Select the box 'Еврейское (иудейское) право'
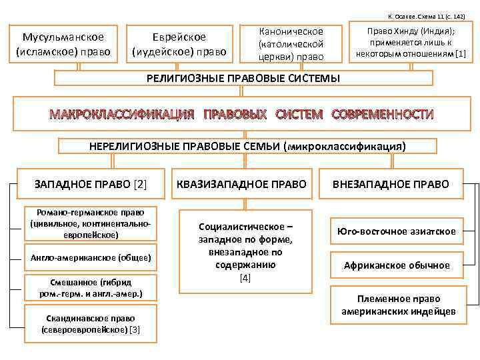[179, 44]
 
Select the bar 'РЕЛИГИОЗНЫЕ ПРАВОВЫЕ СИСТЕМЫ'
[243, 79]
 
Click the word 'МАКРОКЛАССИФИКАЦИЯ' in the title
[122, 114]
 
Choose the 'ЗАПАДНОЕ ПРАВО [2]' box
[91, 183]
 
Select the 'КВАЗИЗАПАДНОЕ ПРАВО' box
[245, 183]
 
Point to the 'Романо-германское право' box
[91, 223]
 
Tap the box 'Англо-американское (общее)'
[91, 257]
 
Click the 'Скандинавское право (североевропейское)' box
[91, 323]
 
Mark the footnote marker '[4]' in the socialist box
[245, 277]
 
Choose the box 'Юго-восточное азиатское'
[396, 231]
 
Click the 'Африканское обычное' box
[396, 265]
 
